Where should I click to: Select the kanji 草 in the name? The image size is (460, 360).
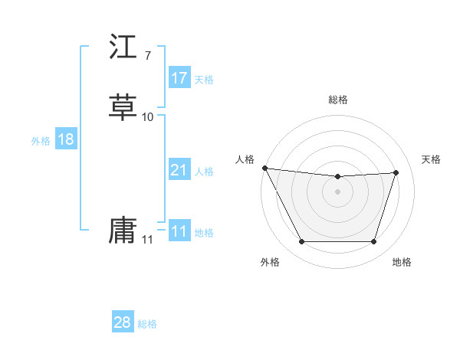[x=123, y=107]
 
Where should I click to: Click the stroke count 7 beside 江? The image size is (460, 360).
[x=147, y=56]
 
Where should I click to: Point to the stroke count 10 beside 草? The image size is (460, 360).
[x=148, y=116]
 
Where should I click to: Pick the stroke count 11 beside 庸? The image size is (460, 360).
[x=147, y=240]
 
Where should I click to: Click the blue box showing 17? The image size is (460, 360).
[x=179, y=78]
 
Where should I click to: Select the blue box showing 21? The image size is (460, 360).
[x=179, y=170]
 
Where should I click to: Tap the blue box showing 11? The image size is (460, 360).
[x=179, y=231]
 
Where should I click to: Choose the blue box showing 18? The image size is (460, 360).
[x=65, y=139]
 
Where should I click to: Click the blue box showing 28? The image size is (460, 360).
[x=123, y=322]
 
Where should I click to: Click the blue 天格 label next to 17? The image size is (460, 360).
[x=204, y=80]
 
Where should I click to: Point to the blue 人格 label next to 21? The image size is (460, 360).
[x=204, y=172]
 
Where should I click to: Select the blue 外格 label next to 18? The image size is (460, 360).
[x=41, y=141]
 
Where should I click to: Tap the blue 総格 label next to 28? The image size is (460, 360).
[x=147, y=324]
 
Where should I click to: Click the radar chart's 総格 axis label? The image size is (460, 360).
[x=338, y=100]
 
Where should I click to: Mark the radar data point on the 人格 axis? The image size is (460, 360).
[x=264, y=168]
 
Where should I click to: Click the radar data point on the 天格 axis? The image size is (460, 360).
[x=396, y=172]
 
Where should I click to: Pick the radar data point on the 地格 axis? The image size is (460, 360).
[x=373, y=242]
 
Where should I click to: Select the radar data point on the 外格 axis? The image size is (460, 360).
[x=301, y=242]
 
